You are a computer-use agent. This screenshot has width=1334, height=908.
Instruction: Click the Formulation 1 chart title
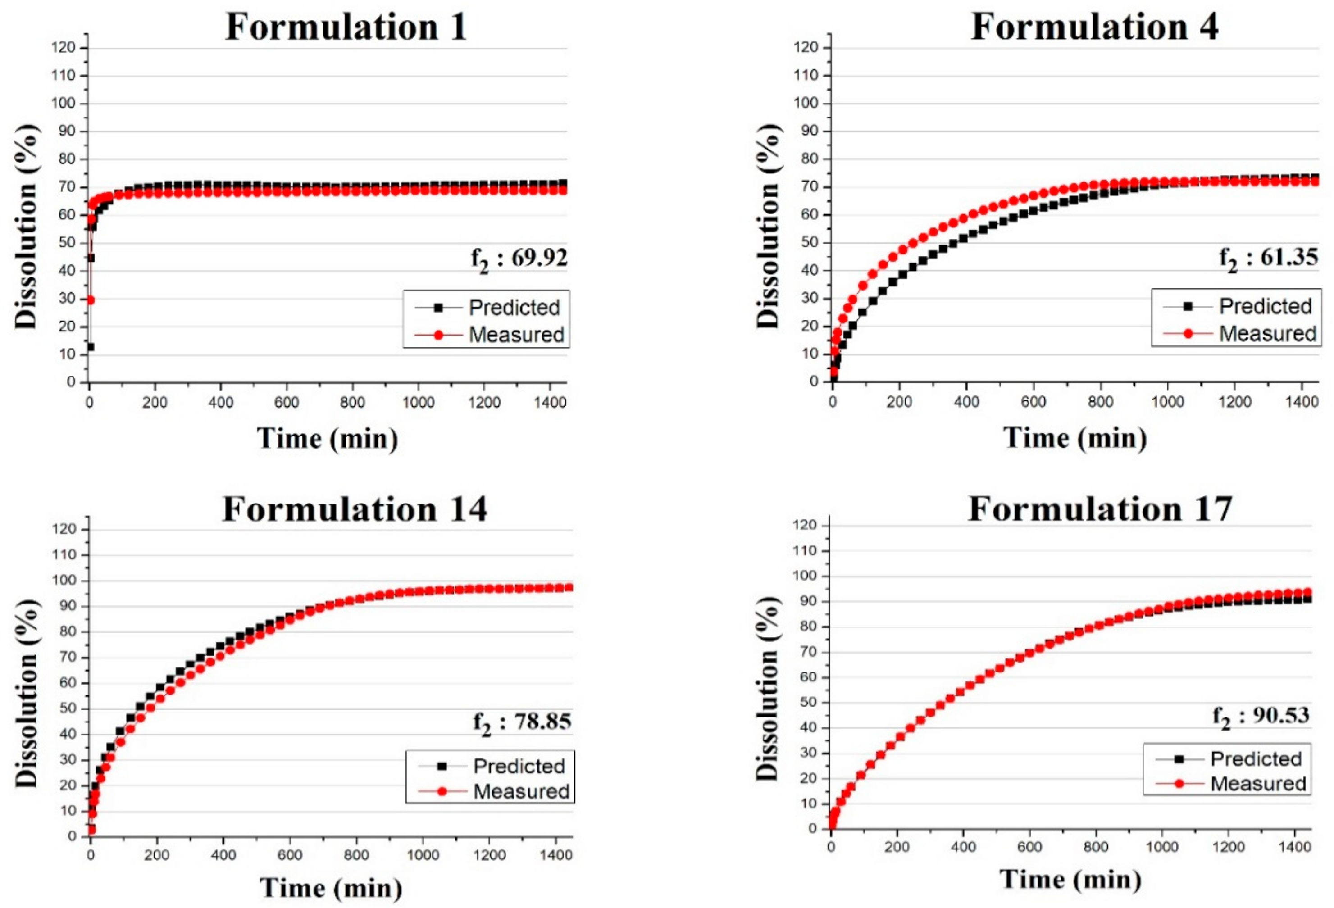[346, 27]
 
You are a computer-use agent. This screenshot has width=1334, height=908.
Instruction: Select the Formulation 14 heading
[354, 509]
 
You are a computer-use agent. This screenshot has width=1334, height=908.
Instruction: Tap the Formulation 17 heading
[1100, 509]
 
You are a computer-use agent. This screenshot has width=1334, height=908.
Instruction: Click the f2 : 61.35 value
[1269, 257]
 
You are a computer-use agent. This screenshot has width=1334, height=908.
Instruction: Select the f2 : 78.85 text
[522, 722]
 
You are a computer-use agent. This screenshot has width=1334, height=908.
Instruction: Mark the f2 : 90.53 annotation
[1261, 716]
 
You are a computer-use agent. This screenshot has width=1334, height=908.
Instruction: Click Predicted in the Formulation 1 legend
[514, 308]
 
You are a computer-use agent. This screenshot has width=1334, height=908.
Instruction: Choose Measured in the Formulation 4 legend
[1267, 333]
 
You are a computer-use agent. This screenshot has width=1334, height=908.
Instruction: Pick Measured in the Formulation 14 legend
[521, 791]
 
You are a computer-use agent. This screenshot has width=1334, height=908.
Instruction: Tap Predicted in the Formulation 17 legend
[1255, 759]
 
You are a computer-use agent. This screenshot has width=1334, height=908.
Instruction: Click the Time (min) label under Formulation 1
[327, 439]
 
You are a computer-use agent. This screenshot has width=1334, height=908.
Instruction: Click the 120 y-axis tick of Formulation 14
[65, 529]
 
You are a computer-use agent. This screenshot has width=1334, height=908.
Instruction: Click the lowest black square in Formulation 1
[90, 347]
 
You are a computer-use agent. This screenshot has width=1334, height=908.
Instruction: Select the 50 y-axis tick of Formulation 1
[67, 242]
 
